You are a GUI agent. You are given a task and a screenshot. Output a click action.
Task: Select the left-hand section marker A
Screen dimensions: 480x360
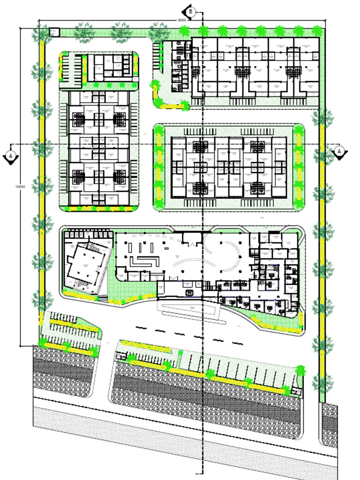10,155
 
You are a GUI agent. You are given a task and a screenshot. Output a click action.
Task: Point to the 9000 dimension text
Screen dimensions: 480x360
182,20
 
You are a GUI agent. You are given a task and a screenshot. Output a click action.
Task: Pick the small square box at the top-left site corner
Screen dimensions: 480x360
54,32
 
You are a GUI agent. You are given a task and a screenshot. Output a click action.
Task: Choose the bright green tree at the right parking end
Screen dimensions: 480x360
300,370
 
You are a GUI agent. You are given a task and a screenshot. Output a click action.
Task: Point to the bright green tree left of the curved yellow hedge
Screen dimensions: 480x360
155,86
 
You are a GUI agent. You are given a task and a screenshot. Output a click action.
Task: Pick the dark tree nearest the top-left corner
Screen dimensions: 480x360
41,35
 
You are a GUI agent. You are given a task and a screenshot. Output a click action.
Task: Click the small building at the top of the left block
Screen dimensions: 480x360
109,68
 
